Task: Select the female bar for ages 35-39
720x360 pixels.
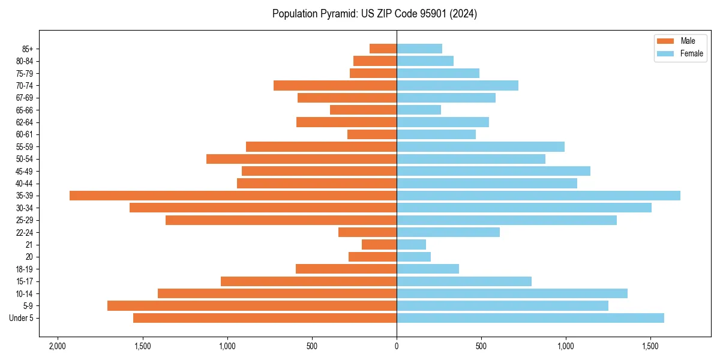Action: coord(538,196)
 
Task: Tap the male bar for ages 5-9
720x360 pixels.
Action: coord(252,306)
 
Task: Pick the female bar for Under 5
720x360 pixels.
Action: coord(530,318)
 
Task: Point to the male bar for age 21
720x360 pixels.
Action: coord(379,245)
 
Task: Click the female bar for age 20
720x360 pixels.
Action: coord(413,257)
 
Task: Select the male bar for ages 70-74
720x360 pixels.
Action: coord(335,86)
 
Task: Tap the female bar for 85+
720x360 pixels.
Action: coord(419,49)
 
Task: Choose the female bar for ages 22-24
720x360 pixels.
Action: coord(448,232)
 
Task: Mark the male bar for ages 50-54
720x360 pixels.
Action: coord(301,159)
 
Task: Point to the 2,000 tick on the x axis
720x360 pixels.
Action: coord(58,346)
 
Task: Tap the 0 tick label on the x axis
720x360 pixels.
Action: coord(397,346)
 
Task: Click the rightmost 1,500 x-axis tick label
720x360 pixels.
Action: coord(651,346)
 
